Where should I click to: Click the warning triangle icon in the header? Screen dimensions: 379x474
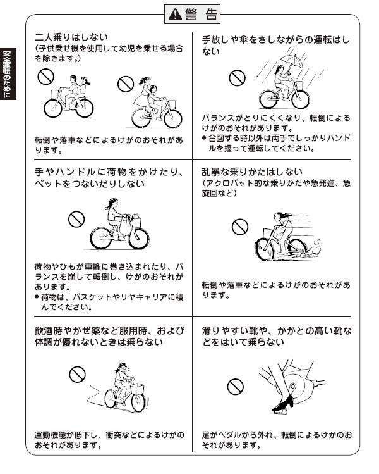(x=175, y=14)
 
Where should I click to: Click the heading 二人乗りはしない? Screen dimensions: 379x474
(x=71, y=37)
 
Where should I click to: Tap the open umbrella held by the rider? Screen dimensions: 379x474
(x=291, y=62)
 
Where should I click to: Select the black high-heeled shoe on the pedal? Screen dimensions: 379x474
(x=283, y=404)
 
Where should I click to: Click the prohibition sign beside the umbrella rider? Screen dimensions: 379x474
(x=237, y=78)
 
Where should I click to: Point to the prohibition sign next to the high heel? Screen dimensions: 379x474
(x=236, y=387)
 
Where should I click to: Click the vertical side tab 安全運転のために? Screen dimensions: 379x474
(x=7, y=74)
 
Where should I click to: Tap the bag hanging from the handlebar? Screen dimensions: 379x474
(x=126, y=225)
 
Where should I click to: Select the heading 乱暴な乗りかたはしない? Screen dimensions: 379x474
(x=252, y=172)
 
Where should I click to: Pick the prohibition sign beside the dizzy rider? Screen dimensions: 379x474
(x=77, y=375)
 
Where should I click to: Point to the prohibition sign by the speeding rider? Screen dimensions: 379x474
(x=240, y=227)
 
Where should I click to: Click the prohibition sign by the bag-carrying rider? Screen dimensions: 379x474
(x=76, y=219)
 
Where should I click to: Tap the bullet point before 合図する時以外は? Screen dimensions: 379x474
(x=204, y=138)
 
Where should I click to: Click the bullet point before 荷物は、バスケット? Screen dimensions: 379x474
(x=37, y=297)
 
